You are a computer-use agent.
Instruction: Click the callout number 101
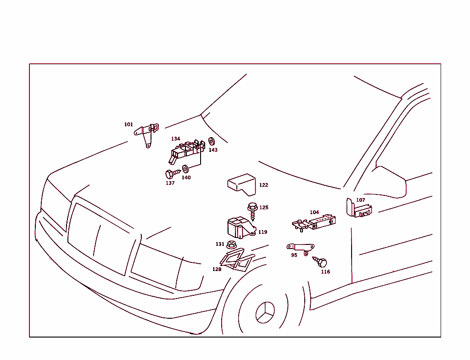129,124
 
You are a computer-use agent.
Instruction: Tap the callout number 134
176,138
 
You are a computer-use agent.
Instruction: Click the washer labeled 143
212,141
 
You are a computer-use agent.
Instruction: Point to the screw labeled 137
173,174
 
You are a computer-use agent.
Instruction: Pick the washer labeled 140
185,169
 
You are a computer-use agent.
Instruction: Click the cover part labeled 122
242,184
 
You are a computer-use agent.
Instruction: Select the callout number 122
263,185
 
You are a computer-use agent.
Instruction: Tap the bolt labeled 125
253,211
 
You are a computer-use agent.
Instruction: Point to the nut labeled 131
231,245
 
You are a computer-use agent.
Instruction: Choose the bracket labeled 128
237,260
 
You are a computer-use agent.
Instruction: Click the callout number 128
217,269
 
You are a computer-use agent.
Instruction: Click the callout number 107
361,200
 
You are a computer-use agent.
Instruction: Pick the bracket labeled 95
301,248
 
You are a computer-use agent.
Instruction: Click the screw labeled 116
320,262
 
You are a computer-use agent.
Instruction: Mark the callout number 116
325,271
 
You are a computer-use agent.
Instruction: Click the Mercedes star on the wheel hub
265,312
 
